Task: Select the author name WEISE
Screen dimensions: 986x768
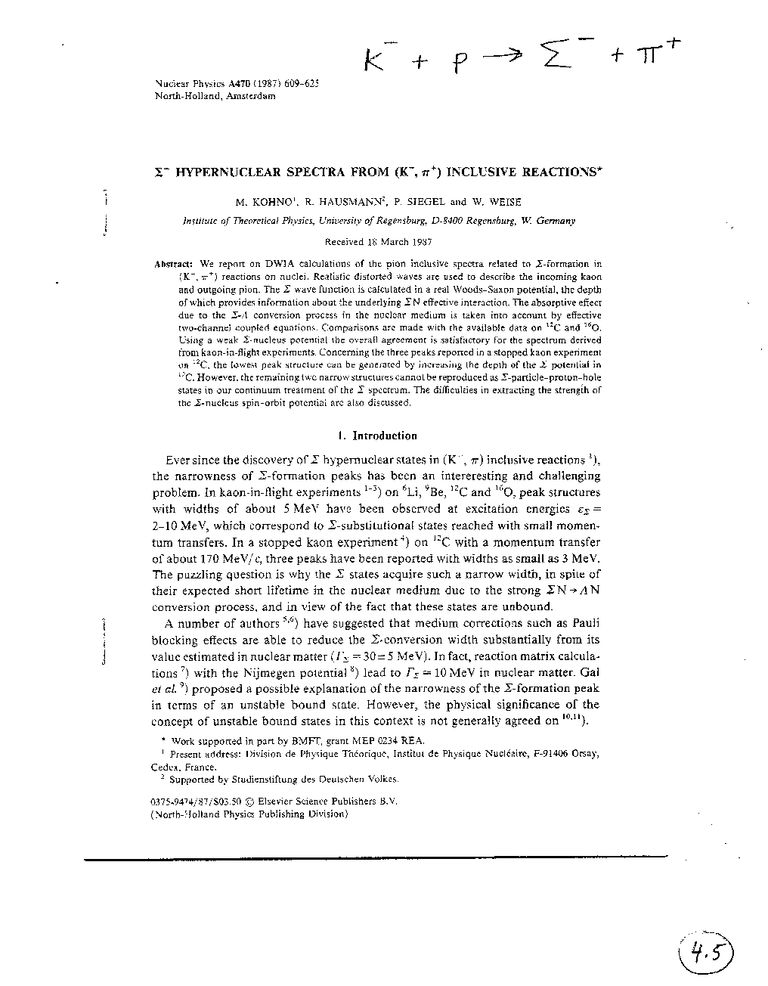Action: point(505,202)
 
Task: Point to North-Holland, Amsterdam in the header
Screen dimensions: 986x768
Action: point(215,96)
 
